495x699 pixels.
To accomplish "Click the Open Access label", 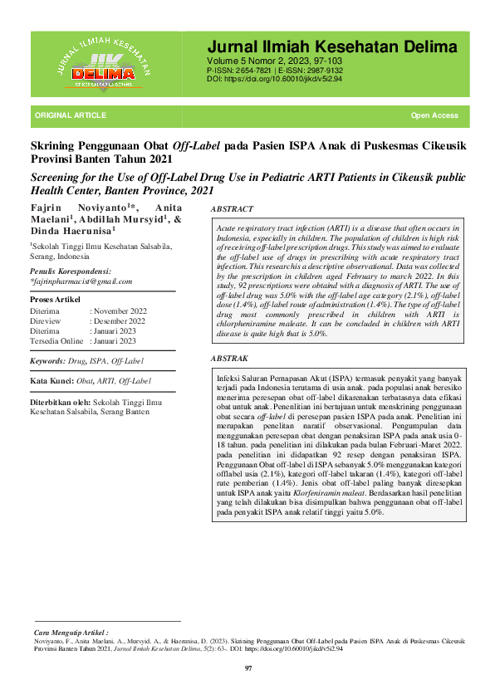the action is click(x=434, y=115).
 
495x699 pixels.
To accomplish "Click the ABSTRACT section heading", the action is click(x=232, y=210).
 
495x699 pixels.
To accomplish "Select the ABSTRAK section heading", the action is click(x=230, y=358).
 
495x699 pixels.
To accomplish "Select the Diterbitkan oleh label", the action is click(x=61, y=402).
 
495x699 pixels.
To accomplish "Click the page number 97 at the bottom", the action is click(x=247, y=668).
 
